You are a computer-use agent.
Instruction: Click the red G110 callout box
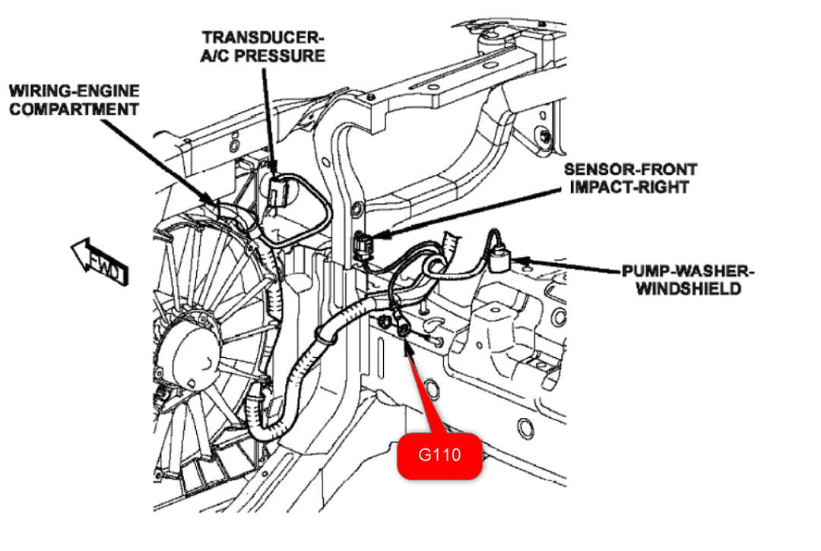[440, 456]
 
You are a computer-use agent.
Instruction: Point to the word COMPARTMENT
[74, 109]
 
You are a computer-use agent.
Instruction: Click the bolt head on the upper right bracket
[547, 136]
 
